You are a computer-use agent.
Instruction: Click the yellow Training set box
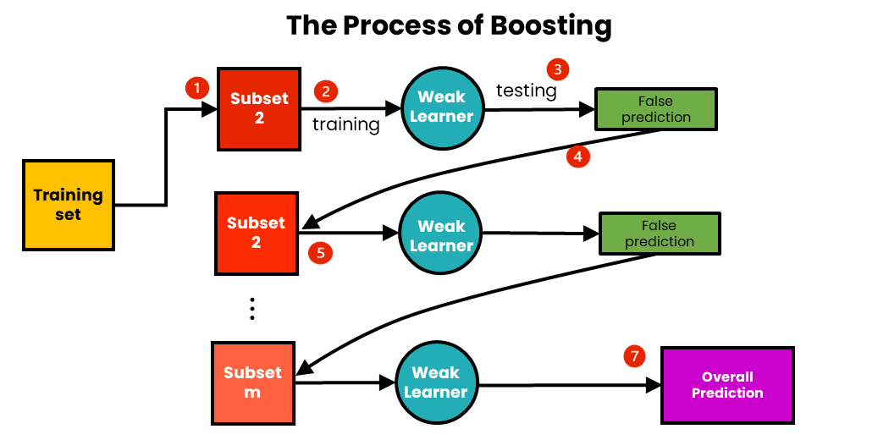point(69,205)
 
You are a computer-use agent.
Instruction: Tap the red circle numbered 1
point(196,87)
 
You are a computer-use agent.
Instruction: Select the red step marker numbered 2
point(325,91)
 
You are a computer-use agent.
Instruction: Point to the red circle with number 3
point(557,69)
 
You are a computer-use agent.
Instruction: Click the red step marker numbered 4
point(577,156)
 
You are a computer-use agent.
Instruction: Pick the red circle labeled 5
point(320,252)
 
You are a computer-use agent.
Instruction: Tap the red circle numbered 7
point(634,355)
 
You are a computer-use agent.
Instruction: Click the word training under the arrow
point(346,124)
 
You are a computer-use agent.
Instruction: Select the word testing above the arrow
point(526,90)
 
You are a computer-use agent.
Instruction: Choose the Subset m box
point(252,382)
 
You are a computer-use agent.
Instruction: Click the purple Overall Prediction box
point(727,385)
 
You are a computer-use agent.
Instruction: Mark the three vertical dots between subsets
point(252,309)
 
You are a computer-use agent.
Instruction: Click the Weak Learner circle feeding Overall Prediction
point(435,382)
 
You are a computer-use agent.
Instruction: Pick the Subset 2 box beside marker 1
point(259,107)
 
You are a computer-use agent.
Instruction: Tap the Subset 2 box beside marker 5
point(256,233)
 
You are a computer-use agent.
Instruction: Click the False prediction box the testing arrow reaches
point(656,109)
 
